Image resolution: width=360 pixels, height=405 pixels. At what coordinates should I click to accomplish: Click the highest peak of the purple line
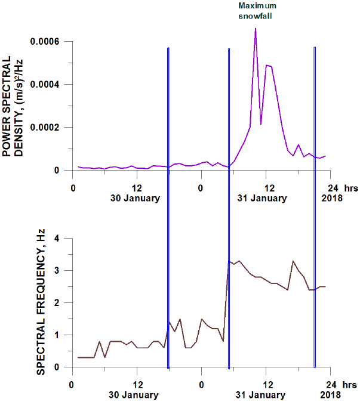[x=256, y=29]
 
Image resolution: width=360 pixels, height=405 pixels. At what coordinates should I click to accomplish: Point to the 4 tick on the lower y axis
[x=57, y=239]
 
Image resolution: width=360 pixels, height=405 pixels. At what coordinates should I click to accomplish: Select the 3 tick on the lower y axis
[x=57, y=271]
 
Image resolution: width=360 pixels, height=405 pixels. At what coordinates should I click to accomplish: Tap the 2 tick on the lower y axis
[x=57, y=303]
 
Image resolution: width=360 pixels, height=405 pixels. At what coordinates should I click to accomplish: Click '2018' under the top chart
[x=332, y=198]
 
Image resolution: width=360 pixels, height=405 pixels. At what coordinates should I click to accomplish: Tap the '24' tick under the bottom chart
[x=332, y=384]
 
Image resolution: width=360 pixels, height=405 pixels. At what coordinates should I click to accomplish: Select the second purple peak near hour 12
[x=267, y=65]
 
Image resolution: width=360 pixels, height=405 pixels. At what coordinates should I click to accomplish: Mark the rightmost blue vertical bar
[x=315, y=203]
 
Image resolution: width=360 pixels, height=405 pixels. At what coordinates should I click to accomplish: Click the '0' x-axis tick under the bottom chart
[x=202, y=384]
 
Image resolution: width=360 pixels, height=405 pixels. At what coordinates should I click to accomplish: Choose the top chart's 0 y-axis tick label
[x=57, y=170]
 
